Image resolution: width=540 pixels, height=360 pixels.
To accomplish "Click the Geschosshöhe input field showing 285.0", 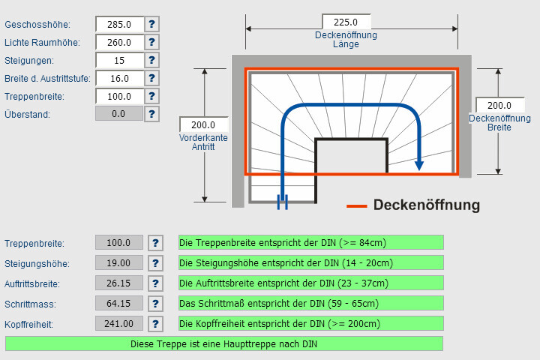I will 119,24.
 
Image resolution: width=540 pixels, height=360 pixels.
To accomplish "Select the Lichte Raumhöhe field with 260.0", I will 119,42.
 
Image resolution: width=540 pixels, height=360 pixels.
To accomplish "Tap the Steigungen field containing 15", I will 119,60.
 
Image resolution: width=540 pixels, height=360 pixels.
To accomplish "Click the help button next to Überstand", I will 152,114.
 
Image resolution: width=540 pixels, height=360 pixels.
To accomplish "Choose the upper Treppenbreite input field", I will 119,96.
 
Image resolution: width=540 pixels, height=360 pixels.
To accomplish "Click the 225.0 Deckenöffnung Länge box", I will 346,22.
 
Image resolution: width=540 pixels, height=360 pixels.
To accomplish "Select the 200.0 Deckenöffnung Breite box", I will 499,106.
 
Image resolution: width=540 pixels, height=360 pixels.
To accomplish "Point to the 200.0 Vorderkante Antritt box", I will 204,125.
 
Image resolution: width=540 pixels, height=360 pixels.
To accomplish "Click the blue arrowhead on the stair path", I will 420,163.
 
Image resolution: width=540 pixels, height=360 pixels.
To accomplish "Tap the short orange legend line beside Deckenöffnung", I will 356,205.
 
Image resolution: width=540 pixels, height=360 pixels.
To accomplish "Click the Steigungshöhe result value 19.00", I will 118,262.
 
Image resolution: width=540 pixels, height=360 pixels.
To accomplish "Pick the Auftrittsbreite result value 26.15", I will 118,283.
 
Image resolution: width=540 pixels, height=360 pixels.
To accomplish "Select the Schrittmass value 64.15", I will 118,304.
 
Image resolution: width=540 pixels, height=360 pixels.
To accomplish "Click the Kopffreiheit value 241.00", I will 118,324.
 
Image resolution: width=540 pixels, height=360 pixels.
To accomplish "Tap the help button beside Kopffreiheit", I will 155,324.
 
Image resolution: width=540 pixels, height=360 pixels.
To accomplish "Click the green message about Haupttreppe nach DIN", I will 224,343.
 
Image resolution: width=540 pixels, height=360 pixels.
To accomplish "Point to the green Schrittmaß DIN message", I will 310,304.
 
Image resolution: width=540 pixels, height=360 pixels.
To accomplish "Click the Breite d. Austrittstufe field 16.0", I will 119,78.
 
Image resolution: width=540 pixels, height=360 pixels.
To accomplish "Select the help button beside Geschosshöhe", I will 152,24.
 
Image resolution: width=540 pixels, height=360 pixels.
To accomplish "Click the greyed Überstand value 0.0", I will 118,114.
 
